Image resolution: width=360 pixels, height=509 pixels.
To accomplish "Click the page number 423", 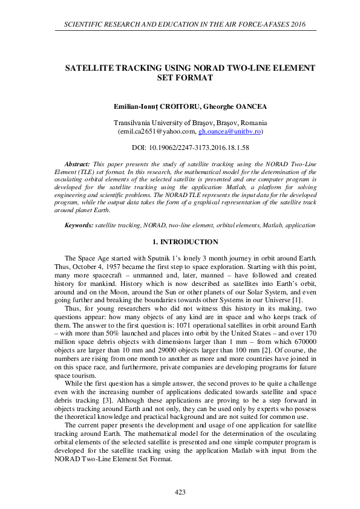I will coord(180,493).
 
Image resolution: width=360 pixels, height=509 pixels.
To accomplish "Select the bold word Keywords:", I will coord(79,225).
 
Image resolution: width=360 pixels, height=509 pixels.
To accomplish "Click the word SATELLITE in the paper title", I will coord(93,69).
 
